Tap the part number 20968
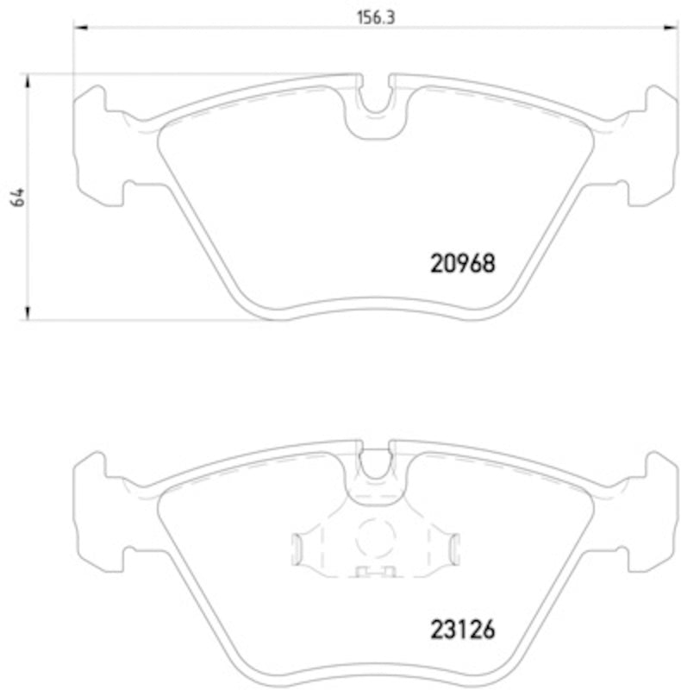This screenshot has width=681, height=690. coord(462,263)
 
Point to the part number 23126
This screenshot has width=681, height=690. coord(462,630)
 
